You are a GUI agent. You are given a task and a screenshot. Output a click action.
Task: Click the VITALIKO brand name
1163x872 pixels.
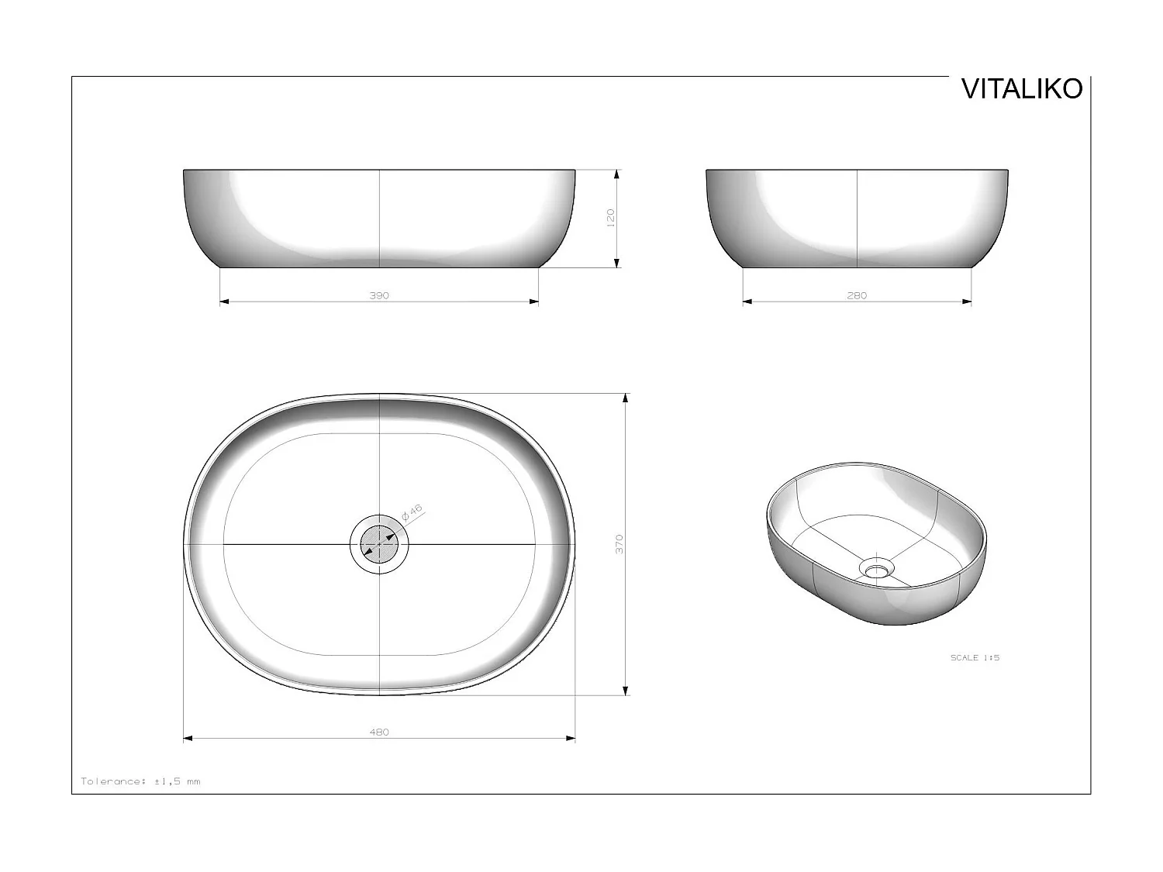tap(1021, 89)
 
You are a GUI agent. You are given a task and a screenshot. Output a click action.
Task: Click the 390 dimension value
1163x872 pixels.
tap(379, 295)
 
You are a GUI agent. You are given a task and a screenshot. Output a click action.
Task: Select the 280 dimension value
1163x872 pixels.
tap(857, 295)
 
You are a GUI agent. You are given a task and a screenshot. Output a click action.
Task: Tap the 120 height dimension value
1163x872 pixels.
tap(611, 217)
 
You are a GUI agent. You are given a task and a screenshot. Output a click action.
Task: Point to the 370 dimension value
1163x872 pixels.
tap(619, 543)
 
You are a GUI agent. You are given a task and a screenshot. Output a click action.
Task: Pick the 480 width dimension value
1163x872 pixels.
tap(379, 732)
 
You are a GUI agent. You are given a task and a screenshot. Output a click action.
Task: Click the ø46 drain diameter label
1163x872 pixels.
tap(412, 513)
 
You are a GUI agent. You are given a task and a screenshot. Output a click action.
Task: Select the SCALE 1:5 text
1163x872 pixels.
tap(975, 657)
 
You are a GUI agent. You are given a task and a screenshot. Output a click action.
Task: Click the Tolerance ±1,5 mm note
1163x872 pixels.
tap(140, 781)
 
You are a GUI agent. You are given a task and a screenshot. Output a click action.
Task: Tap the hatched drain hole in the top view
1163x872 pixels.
tap(378, 544)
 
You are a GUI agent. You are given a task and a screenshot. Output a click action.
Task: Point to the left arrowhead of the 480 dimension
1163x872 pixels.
tap(188, 739)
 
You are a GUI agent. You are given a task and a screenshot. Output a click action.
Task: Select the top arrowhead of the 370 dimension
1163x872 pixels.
tap(626, 398)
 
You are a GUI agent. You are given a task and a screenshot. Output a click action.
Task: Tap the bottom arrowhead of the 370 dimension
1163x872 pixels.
tap(626, 690)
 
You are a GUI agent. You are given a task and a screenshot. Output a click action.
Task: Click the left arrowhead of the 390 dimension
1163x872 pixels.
tap(225, 302)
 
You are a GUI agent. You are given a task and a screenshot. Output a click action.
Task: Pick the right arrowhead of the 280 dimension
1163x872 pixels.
tap(967, 302)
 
